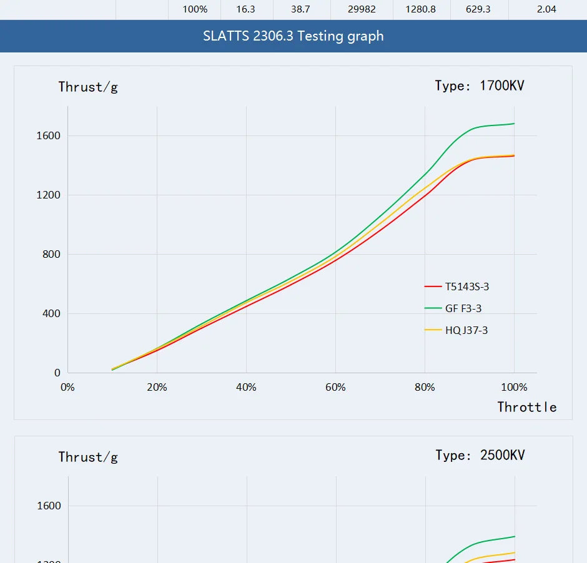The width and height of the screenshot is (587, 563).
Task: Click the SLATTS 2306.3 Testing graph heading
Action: coord(293,36)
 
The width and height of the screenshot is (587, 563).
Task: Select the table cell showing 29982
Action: coord(362,9)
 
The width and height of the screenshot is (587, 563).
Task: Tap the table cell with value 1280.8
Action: coord(420,9)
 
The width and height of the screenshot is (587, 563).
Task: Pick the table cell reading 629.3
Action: coord(478,9)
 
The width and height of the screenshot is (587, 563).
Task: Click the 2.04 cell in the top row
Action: coord(546,9)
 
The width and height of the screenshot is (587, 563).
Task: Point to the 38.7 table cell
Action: coord(300,9)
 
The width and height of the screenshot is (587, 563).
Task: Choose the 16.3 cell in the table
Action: coord(246,9)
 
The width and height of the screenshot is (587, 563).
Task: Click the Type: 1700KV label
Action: coord(480,86)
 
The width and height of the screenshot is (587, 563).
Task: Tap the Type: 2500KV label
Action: coord(480,455)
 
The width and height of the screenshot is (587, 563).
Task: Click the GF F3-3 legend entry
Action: coord(463,308)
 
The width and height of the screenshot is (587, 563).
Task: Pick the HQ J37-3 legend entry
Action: coord(466,330)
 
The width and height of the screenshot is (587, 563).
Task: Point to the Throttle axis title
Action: coord(526,407)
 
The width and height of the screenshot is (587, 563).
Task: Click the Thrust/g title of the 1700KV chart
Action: coord(88,87)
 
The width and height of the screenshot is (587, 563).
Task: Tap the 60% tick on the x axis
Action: coord(335,387)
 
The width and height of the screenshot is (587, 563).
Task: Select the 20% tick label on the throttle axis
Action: coord(157,387)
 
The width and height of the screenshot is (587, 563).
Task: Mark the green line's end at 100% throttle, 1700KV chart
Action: coord(514,124)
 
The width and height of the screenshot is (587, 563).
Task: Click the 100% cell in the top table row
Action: coord(195,9)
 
